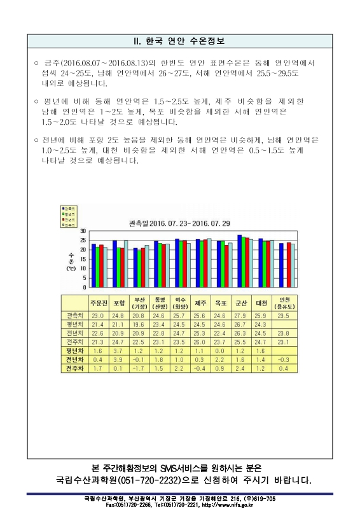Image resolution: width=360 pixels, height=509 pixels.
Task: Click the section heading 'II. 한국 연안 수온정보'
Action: (x=179, y=41)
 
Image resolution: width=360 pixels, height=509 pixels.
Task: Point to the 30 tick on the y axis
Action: (x=83, y=230)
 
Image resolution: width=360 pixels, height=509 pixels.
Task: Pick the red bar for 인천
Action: (x=288, y=265)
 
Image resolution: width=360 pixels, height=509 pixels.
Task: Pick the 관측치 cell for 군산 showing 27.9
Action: (x=240, y=316)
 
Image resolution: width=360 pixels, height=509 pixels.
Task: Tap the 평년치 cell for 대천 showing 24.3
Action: (x=260, y=324)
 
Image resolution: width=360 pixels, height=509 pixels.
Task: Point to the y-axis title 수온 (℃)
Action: (x=71, y=260)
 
